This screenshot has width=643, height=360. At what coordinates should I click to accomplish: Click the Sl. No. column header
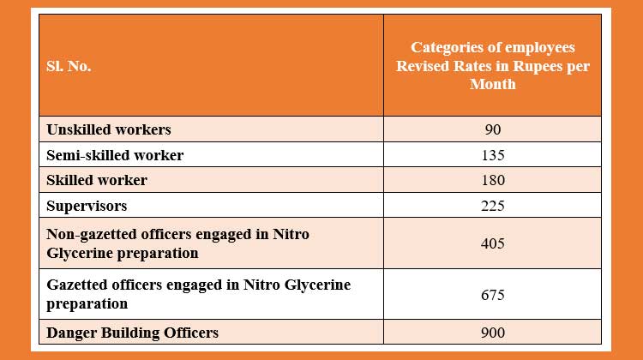69,66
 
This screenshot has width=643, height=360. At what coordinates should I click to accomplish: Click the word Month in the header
492,84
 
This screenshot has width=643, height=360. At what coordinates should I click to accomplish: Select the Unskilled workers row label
108,129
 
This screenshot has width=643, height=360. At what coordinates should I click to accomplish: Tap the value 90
492,129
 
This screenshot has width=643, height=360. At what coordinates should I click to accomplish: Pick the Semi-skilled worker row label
114,155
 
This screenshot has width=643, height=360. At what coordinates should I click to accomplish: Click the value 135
492,155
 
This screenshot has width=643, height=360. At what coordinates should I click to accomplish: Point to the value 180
492,180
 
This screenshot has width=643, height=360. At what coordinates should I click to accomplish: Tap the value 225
492,206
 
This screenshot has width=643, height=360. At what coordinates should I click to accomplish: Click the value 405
492,243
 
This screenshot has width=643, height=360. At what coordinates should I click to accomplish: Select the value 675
492,295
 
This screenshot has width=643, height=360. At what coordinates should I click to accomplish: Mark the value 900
492,333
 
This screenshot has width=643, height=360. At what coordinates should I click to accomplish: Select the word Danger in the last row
69,333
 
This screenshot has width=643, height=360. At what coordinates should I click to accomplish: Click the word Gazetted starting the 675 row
76,285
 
